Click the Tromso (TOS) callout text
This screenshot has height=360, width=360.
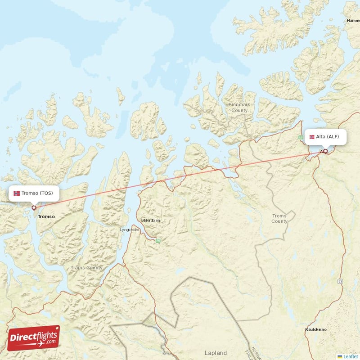[x=37, y=193]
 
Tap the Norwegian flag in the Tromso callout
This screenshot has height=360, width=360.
[x=17, y=193]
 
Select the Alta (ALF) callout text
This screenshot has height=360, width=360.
[x=328, y=136]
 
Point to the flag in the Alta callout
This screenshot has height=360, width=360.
[x=312, y=136]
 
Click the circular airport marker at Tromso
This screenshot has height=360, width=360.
[x=34, y=208]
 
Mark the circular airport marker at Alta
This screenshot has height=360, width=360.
[x=325, y=151]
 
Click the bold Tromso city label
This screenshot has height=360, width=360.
[x=46, y=216]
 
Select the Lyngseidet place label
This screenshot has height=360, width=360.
[x=130, y=229]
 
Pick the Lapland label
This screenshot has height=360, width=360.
[x=216, y=353]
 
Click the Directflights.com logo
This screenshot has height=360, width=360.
[x=33, y=338]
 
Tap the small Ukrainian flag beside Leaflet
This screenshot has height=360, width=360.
[x=340, y=356]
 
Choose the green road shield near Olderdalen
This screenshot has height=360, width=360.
[x=158, y=241]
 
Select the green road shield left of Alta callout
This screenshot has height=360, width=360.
[x=301, y=137]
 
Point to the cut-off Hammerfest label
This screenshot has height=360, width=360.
[x=353, y=21]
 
